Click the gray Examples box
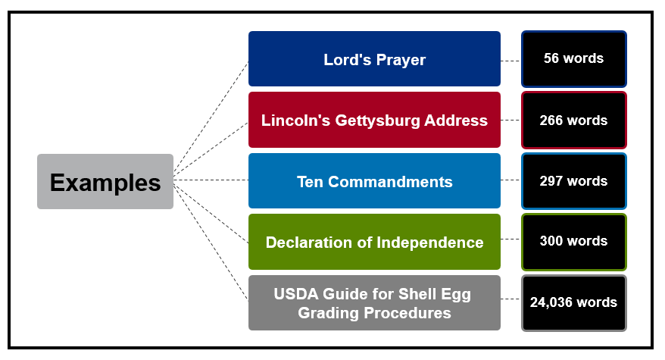[x=105, y=182]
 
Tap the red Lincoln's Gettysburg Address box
[x=374, y=120]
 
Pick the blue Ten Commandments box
[x=374, y=181]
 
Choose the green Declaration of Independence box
[x=374, y=242]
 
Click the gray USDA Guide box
[x=374, y=303]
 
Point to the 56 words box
[x=573, y=58]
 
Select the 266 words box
[x=573, y=120]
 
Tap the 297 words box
[x=573, y=181]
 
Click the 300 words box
[x=573, y=242]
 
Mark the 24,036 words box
[x=573, y=302]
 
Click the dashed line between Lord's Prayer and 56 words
[x=510, y=59]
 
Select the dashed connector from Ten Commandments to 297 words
[x=510, y=181]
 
